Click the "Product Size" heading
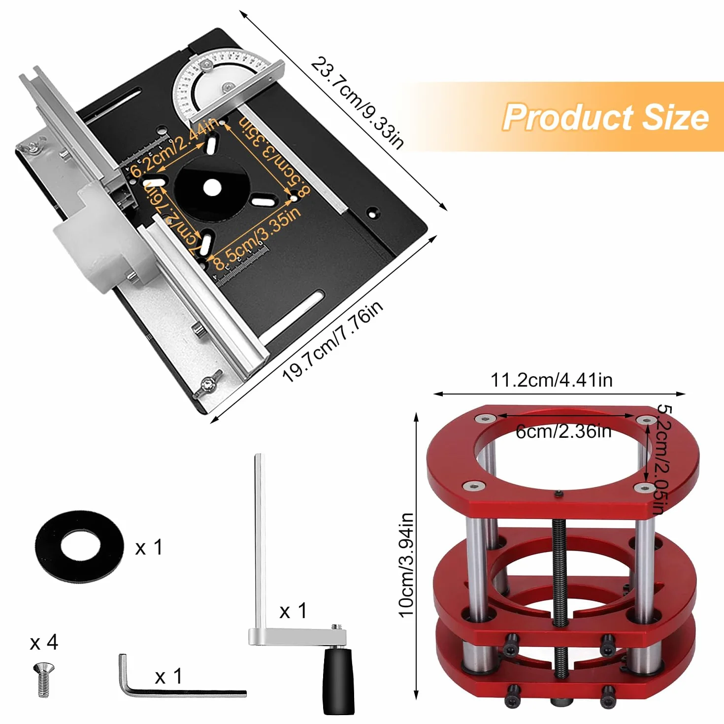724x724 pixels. (605, 117)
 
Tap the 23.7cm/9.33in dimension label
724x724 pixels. (357, 103)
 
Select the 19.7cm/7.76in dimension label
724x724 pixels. (333, 341)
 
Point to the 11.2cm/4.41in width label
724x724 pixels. (552, 380)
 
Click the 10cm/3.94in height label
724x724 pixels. (406, 565)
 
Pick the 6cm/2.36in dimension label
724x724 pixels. (563, 431)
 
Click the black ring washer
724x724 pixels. (79, 547)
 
